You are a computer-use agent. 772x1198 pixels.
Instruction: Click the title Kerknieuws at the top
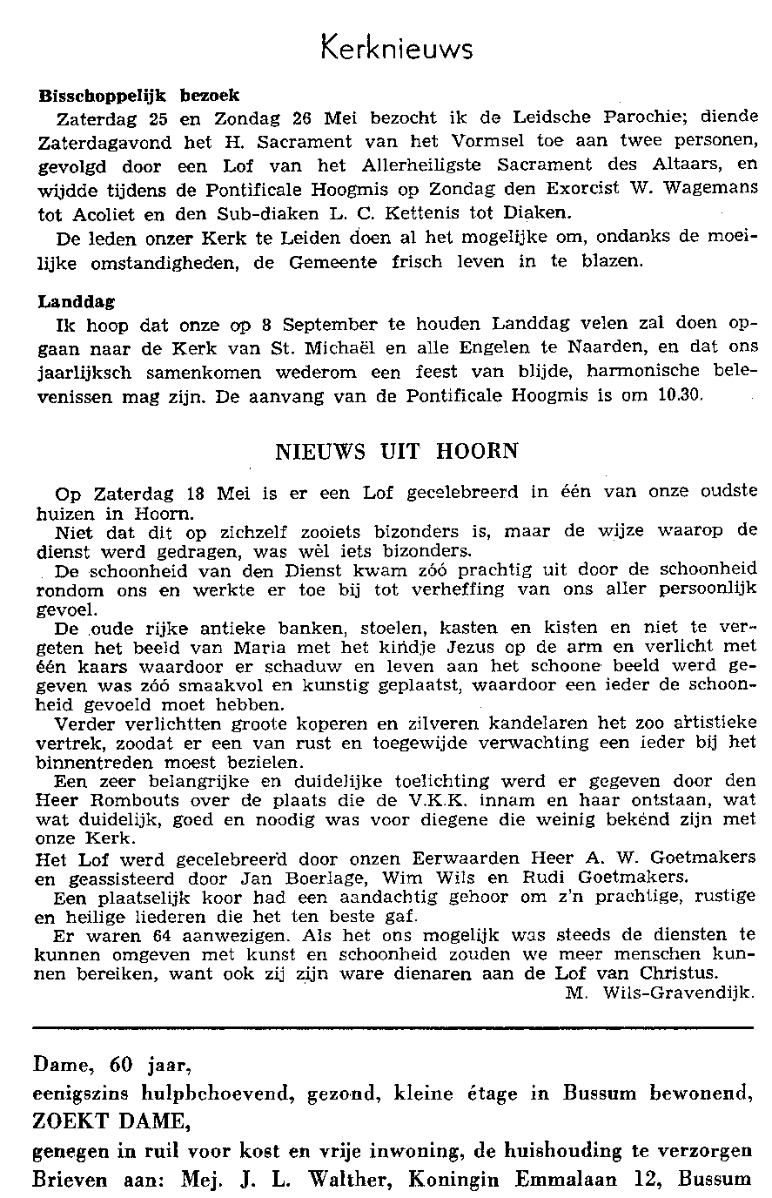click(396, 47)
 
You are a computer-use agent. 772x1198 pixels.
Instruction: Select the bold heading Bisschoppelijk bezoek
click(139, 95)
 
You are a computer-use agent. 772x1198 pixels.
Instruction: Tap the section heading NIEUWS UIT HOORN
click(396, 452)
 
